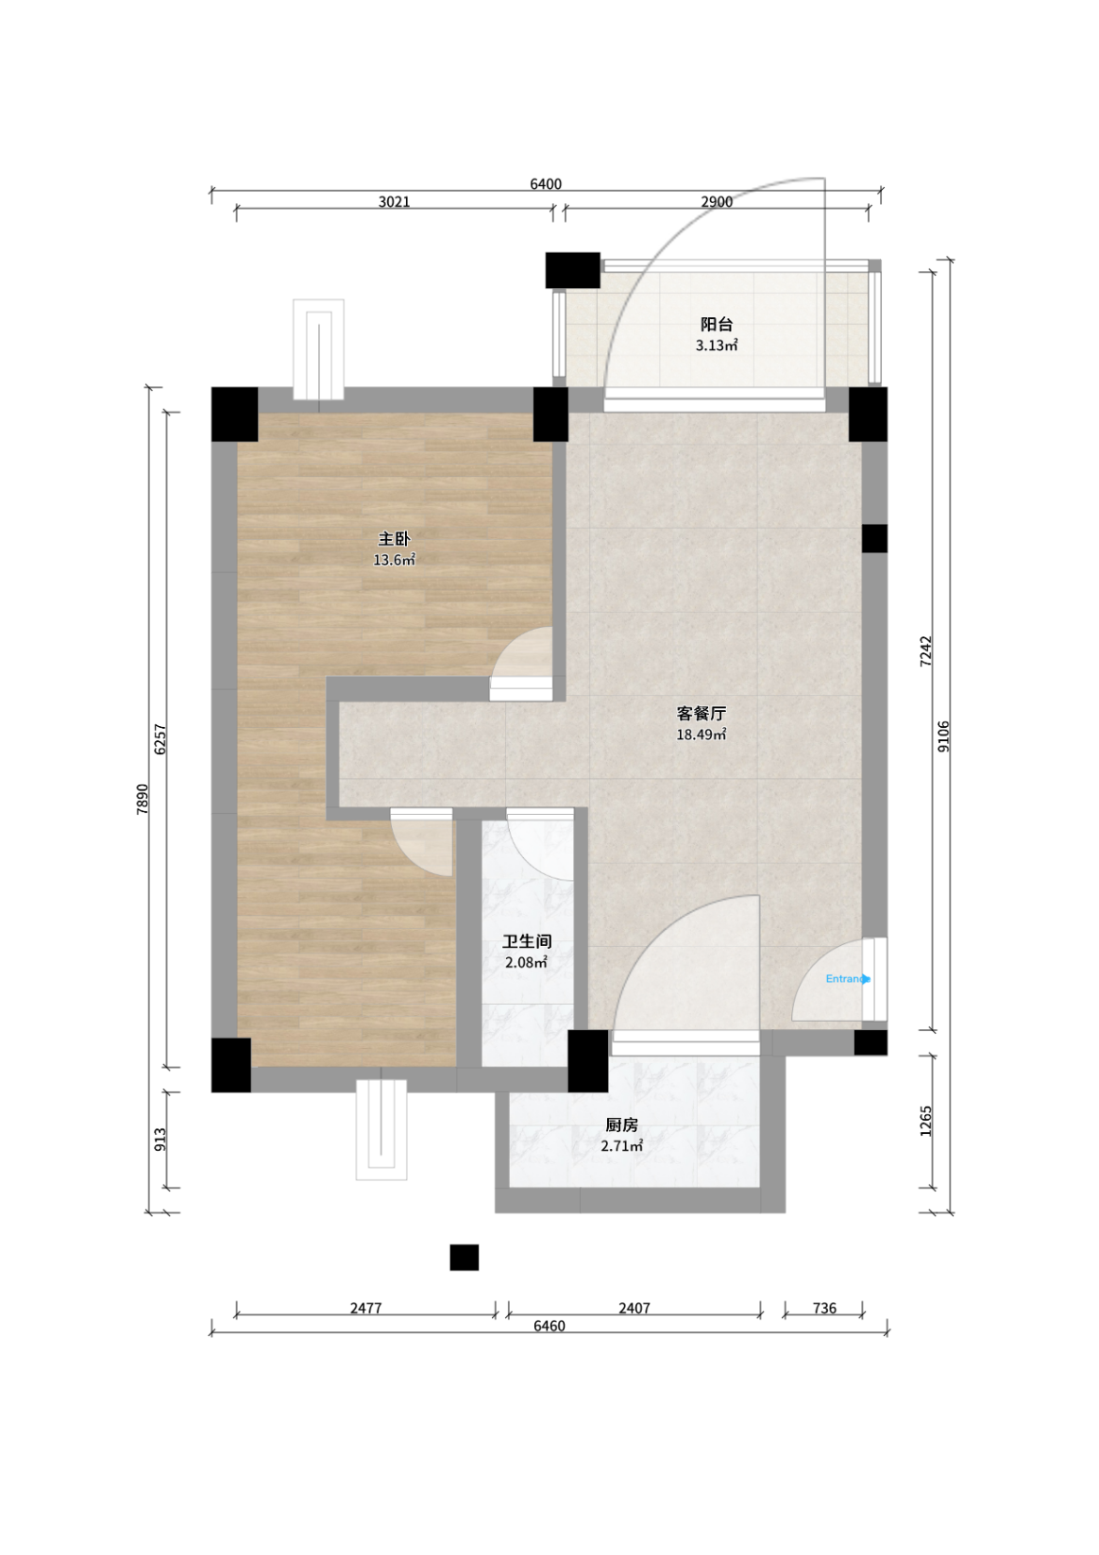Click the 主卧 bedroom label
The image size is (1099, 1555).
coord(394,538)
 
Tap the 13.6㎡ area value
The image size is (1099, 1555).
coord(394,560)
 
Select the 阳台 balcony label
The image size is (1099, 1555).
coord(717,324)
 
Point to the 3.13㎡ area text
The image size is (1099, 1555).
coord(717,345)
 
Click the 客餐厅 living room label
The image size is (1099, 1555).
coord(702,713)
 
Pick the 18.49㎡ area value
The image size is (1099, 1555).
coord(702,735)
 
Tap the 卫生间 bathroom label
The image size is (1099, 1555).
coord(527,941)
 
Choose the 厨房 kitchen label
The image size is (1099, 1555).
coord(621,1124)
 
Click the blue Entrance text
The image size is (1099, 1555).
coord(847,979)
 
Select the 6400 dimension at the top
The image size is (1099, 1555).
coord(546,184)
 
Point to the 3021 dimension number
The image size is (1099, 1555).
coord(395,202)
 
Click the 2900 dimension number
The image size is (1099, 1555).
coord(717,202)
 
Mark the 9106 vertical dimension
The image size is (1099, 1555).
coord(943,736)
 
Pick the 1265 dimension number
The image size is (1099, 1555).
coord(925,1121)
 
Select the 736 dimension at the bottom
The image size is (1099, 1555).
coord(824,1309)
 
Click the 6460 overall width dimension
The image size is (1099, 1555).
coord(549,1326)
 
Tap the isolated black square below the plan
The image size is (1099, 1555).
coord(464,1258)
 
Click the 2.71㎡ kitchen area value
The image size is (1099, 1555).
coord(621,1145)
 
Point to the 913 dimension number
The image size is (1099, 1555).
coord(161,1140)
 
